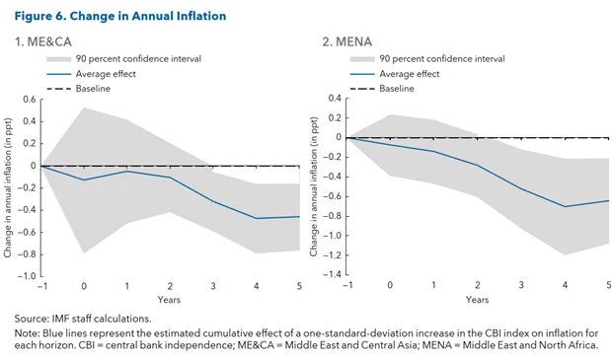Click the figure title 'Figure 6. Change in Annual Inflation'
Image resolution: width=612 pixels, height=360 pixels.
pyautogui.click(x=120, y=16)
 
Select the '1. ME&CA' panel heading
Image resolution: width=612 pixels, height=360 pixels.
pyautogui.click(x=42, y=41)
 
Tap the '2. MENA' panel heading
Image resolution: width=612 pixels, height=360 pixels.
pyautogui.click(x=347, y=41)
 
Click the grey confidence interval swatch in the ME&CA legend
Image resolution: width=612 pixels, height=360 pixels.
pyautogui.click(x=58, y=59)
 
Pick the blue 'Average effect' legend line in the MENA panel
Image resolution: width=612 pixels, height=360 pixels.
pyautogui.click(x=362, y=74)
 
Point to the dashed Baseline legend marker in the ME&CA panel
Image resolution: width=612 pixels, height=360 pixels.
pyautogui.click(x=58, y=89)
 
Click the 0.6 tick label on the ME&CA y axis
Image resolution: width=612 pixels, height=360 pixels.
pyautogui.click(x=30, y=99)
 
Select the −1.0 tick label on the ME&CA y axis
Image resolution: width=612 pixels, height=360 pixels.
pyautogui.click(x=27, y=276)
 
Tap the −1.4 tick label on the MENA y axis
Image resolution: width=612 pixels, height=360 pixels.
pyautogui.click(x=332, y=274)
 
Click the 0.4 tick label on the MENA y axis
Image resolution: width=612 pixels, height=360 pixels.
pyautogui.click(x=335, y=98)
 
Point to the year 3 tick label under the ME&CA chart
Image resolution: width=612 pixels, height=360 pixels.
pyautogui.click(x=213, y=286)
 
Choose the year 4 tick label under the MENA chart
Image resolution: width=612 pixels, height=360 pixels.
pyautogui.click(x=565, y=285)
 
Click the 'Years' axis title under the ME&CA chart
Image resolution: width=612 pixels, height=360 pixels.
pyautogui.click(x=169, y=300)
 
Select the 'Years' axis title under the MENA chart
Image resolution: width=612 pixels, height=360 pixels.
pyautogui.click(x=477, y=300)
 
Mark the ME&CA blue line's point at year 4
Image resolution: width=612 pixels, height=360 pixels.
pyautogui.click(x=257, y=218)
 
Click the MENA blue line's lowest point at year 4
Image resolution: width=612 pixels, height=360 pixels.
pyautogui.click(x=565, y=206)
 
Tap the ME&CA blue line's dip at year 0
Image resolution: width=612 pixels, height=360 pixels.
pyautogui.click(x=84, y=180)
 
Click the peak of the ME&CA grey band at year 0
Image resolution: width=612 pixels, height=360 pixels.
pyautogui.click(x=84, y=108)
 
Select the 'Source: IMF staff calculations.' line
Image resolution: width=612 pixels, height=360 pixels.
pyautogui.click(x=83, y=319)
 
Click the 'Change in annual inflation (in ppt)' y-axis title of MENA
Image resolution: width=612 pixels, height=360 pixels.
pyautogui.click(x=314, y=186)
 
